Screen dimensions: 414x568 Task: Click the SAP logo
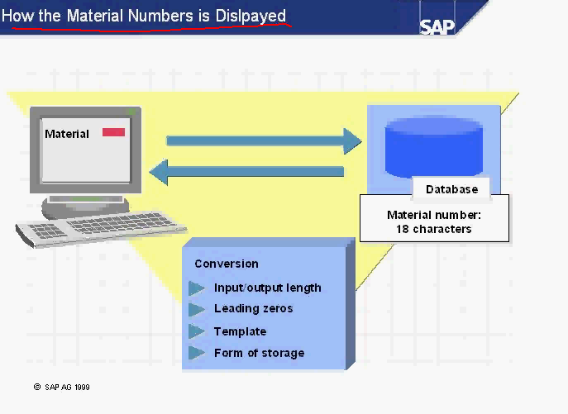[437, 25]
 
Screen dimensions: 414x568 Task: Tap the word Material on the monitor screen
[67, 134]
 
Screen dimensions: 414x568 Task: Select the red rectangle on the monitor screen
[113, 132]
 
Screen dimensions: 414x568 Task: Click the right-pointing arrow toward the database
[264, 140]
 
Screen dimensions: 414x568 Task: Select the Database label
[451, 189]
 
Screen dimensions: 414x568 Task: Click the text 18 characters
[434, 229]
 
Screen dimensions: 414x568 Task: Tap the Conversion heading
[227, 264]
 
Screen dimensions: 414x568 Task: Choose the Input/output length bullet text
[267, 288]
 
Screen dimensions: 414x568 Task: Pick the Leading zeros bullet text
[253, 308]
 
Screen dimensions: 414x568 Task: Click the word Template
[240, 331]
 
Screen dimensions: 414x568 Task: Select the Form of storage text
[259, 353]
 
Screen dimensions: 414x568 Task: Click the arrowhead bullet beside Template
[197, 331]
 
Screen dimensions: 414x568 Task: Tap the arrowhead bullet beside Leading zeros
[197, 309]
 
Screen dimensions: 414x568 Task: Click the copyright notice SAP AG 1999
[62, 386]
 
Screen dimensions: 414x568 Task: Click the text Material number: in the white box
[434, 215]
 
